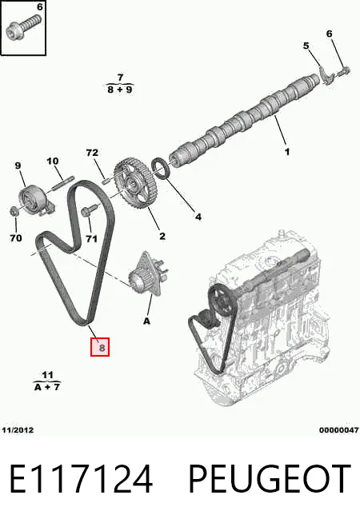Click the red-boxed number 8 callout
100,347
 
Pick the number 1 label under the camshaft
287,152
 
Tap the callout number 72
92,153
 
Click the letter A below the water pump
146,321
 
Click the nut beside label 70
14,211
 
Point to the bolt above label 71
89,210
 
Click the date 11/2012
18,430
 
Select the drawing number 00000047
338,430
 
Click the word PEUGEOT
270,479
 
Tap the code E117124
81,479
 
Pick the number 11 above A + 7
47,375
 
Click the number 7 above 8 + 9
120,78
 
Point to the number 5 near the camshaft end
306,46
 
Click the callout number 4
198,217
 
